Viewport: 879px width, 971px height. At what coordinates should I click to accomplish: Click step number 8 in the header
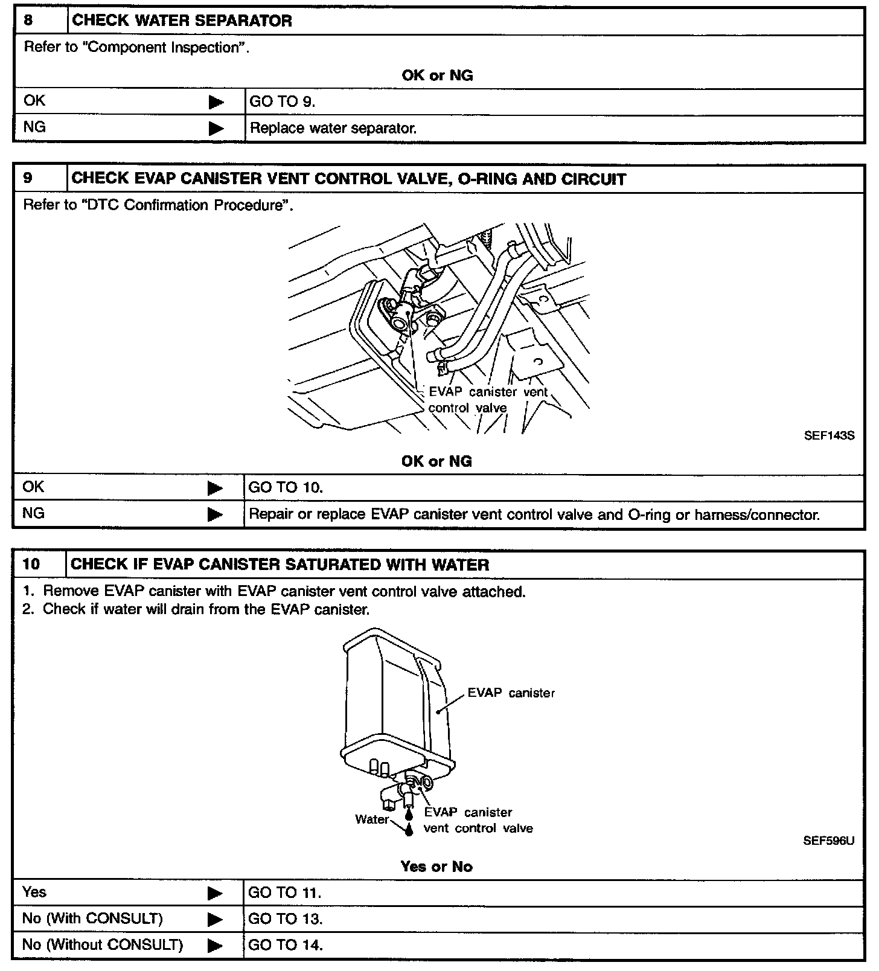click(x=28, y=21)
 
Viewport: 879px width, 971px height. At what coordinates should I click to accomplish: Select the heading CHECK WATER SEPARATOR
click(x=182, y=21)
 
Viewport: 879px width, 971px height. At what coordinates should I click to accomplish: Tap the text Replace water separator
click(x=333, y=128)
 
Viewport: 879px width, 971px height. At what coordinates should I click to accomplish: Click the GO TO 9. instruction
click(x=282, y=101)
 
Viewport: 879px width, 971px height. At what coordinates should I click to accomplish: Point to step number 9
click(x=28, y=178)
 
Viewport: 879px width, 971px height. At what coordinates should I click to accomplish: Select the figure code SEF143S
click(x=829, y=435)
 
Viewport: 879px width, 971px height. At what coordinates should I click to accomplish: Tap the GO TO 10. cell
click(x=286, y=487)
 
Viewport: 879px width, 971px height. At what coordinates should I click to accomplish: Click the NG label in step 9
click(x=34, y=513)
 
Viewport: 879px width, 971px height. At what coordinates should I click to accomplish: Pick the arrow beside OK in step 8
click(x=216, y=102)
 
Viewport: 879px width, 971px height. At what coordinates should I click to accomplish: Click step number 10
click(x=31, y=565)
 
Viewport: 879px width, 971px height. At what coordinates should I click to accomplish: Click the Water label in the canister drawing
click(x=372, y=819)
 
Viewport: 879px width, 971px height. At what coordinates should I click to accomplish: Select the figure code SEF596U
click(x=828, y=841)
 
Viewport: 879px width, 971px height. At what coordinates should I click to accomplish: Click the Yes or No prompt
click(x=436, y=867)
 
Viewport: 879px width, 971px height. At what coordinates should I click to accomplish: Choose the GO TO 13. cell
click(x=286, y=919)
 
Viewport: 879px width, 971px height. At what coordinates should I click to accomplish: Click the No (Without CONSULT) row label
click(x=102, y=944)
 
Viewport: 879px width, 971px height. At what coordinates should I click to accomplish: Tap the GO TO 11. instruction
click(x=284, y=892)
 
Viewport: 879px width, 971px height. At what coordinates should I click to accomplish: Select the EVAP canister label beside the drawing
click(x=511, y=693)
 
